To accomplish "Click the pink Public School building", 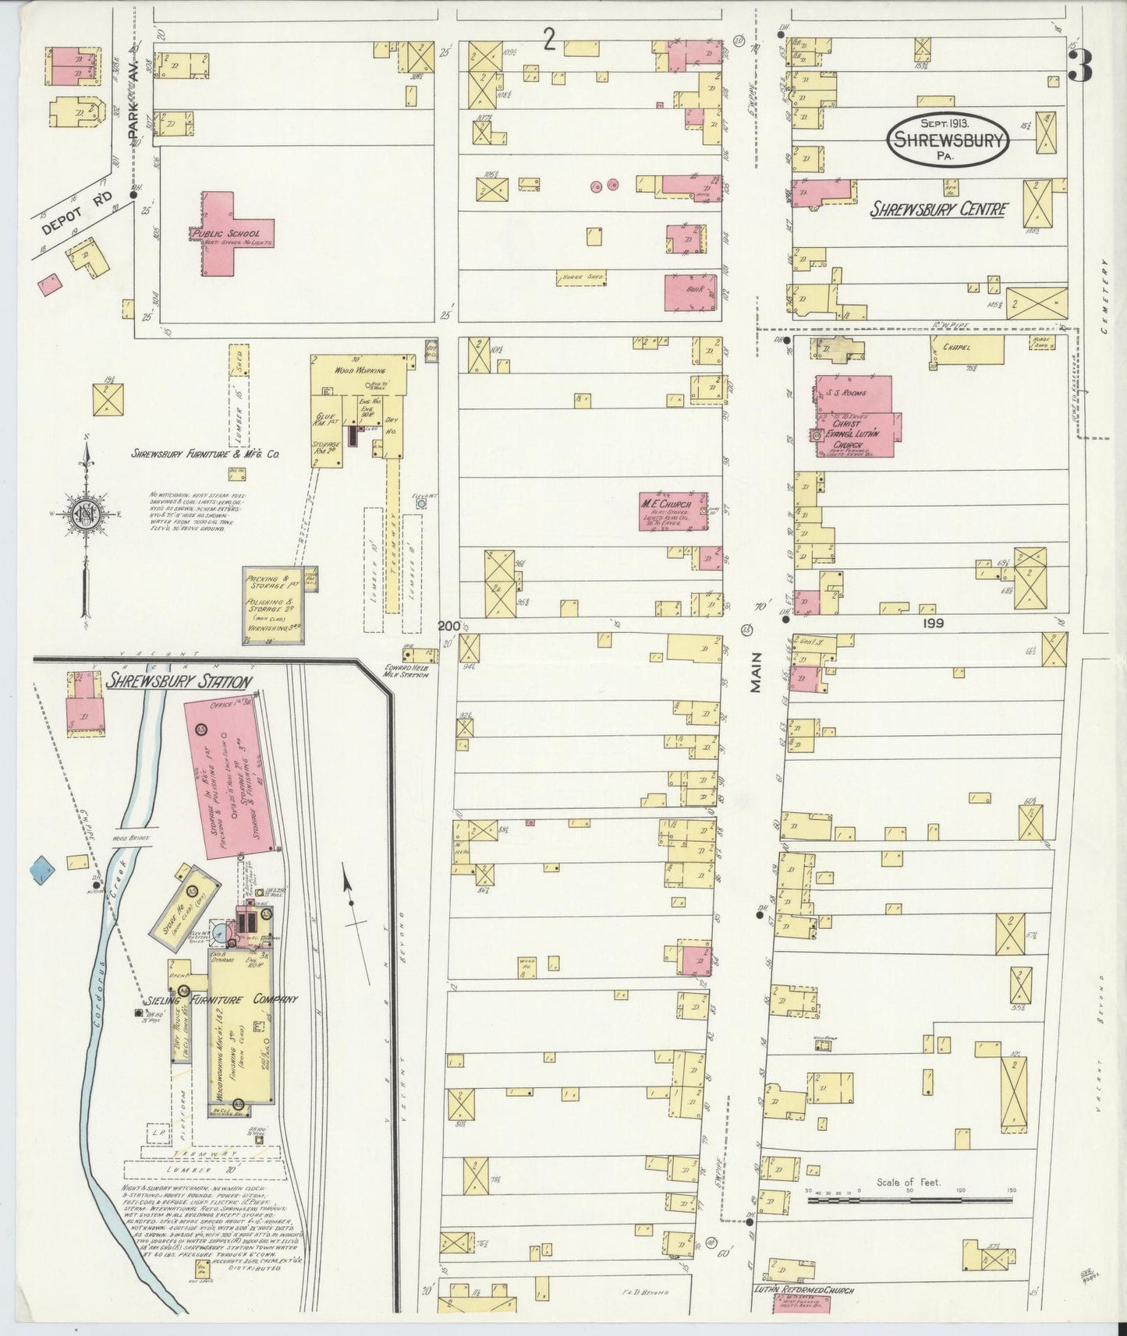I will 232,233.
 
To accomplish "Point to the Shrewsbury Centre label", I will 939,209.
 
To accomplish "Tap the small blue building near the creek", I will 41,866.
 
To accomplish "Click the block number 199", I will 932,623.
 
